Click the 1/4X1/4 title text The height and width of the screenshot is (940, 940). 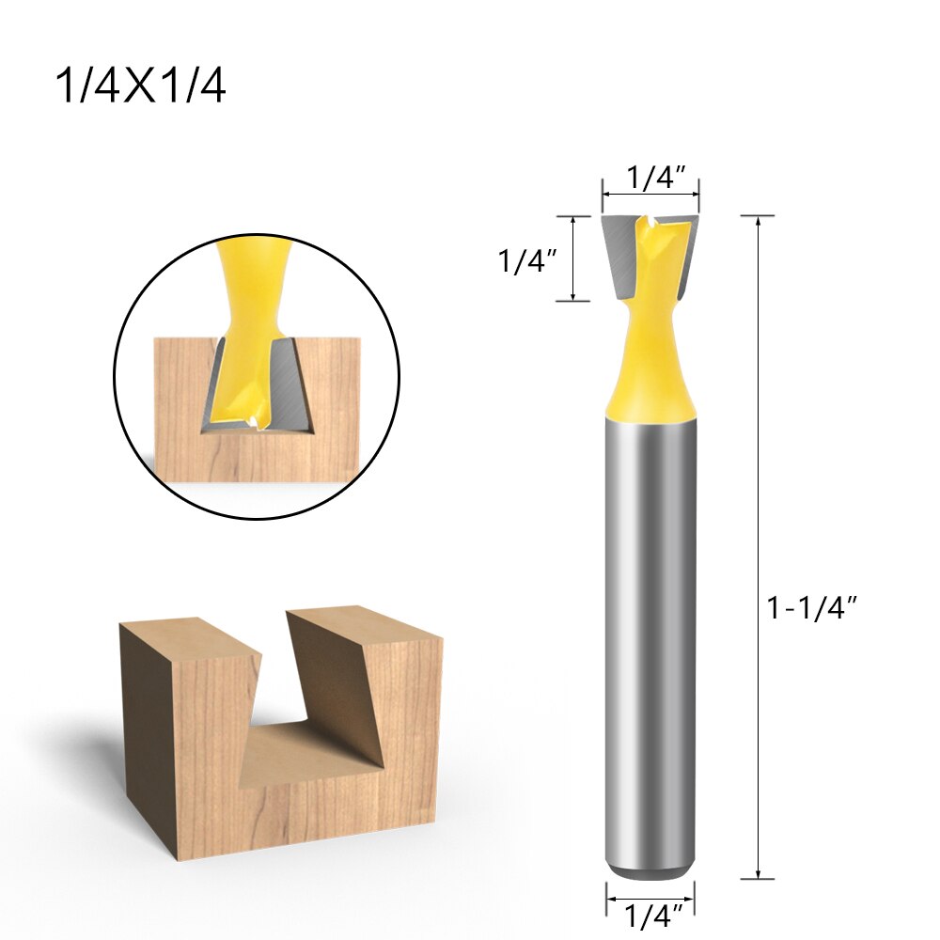140,86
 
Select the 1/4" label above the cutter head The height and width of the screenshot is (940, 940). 650,178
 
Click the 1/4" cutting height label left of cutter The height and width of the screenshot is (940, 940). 523,261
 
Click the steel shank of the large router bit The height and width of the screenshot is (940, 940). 650,639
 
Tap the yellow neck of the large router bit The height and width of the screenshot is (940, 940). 650,367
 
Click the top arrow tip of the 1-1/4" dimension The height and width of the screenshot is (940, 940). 758,219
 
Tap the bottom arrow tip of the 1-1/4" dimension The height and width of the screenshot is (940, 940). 758,877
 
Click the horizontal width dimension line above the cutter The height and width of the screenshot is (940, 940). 650,195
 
